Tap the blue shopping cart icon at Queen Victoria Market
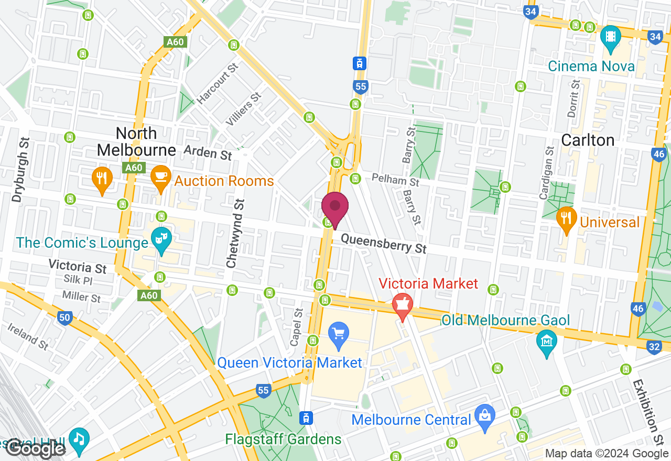coord(339,333)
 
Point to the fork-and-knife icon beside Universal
coord(566,218)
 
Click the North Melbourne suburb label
coord(136,141)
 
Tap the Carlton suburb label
coord(588,140)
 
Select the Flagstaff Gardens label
coord(283,438)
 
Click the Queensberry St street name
coord(383,243)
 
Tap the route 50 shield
coord(64,317)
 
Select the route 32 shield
coord(654,346)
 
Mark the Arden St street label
coord(208,152)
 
